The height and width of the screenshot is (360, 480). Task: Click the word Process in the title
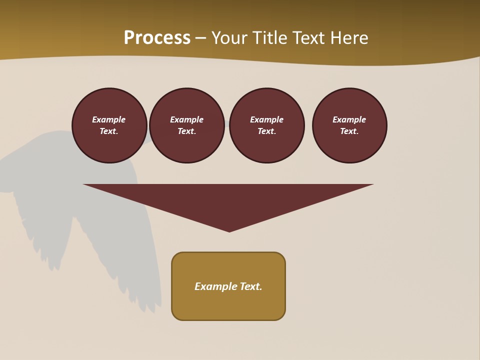click(157, 38)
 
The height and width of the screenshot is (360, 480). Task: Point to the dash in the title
click(200, 38)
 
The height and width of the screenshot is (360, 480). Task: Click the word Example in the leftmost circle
click(109, 119)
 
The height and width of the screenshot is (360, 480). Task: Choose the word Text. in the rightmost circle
click(349, 131)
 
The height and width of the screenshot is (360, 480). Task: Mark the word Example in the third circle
click(266, 119)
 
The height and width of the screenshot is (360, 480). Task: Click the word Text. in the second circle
click(187, 131)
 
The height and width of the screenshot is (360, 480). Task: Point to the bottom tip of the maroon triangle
click(229, 231)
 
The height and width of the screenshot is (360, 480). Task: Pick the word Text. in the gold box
click(251, 286)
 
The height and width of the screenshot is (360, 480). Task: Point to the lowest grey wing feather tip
click(159, 306)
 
